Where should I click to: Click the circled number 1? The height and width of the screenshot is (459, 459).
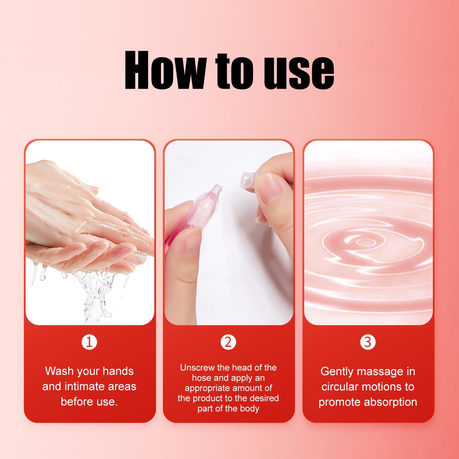tap(89, 342)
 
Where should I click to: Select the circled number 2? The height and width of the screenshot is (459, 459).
tap(228, 342)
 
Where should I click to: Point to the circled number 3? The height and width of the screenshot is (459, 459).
tap(368, 342)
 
